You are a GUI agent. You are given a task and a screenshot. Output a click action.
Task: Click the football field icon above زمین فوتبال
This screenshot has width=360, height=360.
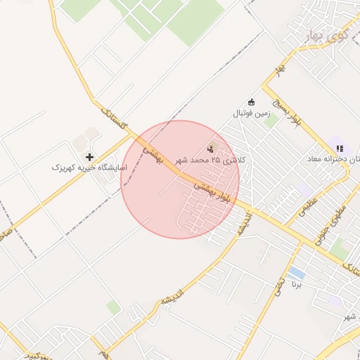(x=252, y=102)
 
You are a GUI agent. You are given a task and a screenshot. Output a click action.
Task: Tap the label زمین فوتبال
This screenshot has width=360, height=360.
(x=252, y=112)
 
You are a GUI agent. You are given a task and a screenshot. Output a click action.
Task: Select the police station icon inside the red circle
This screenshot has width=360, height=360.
(x=210, y=148)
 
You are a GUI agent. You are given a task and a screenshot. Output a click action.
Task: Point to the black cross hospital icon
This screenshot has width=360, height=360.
(x=89, y=157)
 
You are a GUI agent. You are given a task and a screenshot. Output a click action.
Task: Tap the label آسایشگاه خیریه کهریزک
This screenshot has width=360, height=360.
(x=89, y=168)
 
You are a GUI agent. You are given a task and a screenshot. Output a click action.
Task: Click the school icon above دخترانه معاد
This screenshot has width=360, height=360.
(x=340, y=148)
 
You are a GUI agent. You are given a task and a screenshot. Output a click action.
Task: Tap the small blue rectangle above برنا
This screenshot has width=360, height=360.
(x=297, y=272)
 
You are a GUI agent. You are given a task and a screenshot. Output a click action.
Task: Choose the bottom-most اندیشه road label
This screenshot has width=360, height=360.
(x=173, y=294)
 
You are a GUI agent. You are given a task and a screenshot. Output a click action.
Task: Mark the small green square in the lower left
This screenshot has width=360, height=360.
(x=113, y=307)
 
